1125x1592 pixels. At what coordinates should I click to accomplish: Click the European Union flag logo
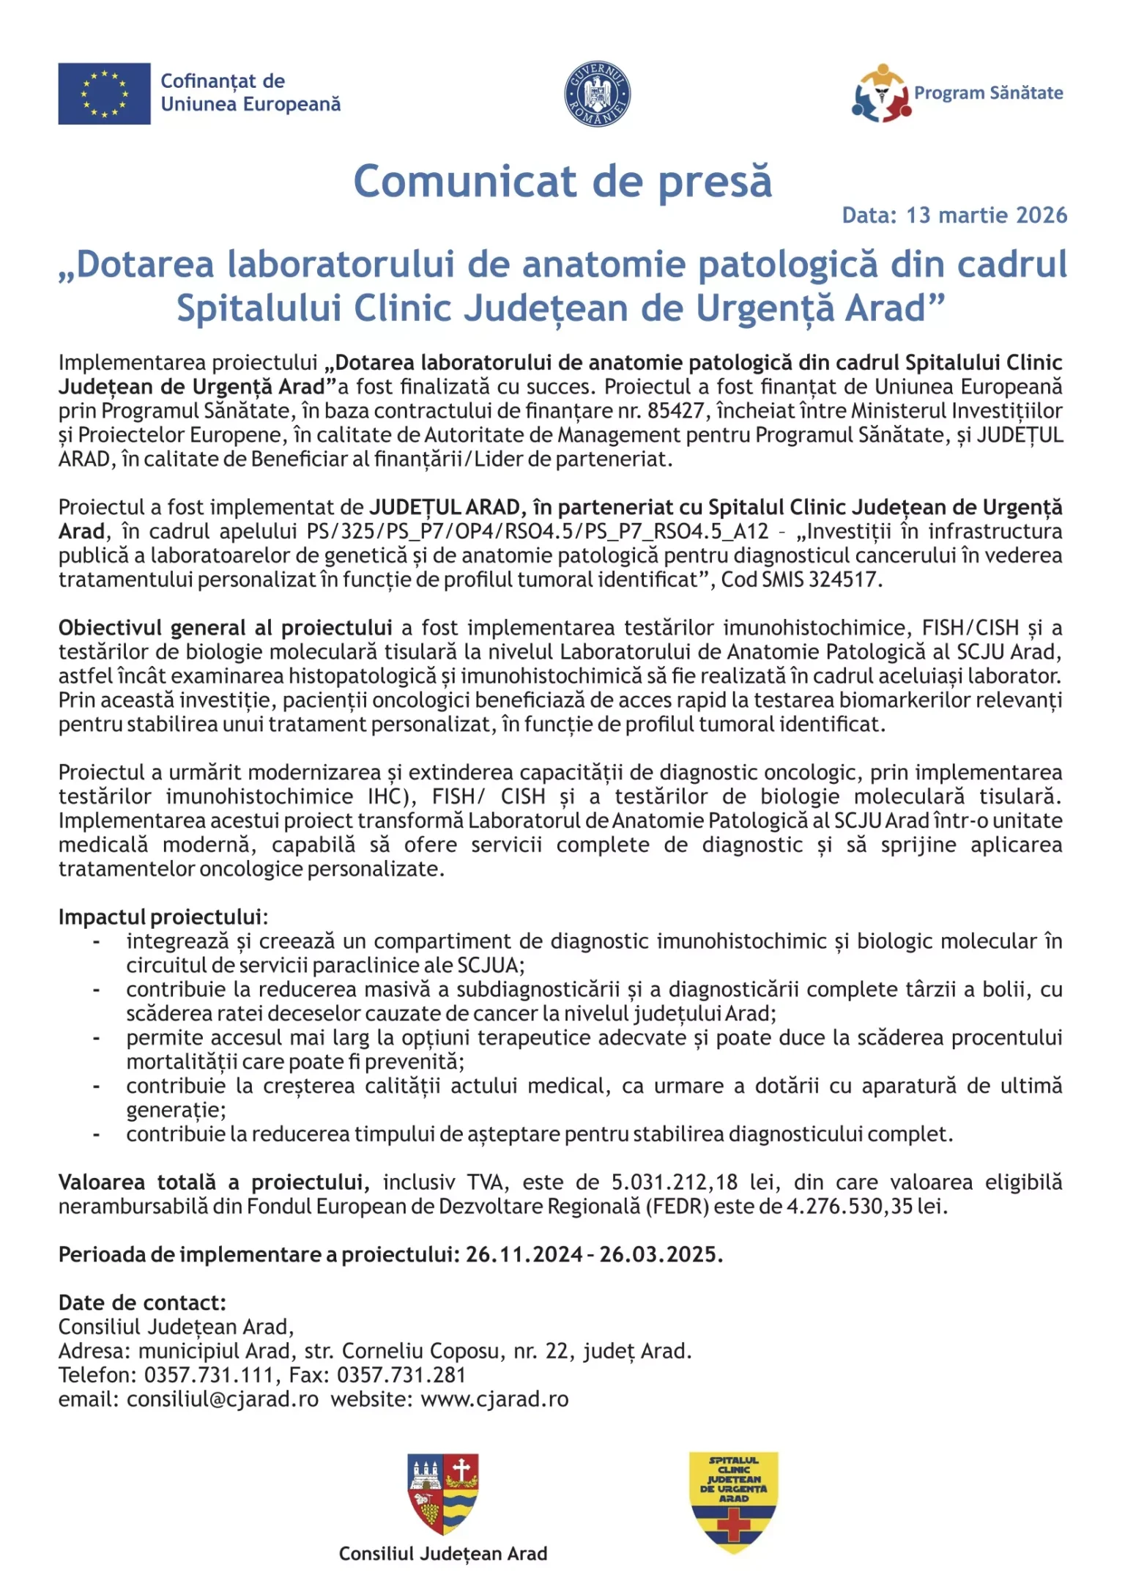pos(104,94)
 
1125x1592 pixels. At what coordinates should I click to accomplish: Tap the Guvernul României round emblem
pos(597,94)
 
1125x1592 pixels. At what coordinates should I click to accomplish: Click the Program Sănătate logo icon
pos(881,94)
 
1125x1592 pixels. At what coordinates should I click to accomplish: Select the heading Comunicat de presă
pos(562,181)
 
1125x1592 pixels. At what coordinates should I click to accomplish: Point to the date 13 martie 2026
pos(987,215)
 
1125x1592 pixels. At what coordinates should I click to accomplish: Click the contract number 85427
pos(675,411)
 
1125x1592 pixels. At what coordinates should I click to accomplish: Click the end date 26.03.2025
pos(659,1255)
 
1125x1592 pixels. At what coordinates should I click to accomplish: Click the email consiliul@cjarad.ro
pos(223,1399)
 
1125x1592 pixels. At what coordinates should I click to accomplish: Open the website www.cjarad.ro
pos(494,1399)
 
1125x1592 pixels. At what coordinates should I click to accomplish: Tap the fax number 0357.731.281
pos(401,1375)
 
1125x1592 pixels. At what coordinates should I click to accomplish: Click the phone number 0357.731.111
pos(209,1375)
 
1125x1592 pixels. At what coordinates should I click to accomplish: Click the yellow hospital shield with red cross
pos(734,1502)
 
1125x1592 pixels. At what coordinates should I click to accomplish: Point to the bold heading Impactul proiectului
pos(161,917)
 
